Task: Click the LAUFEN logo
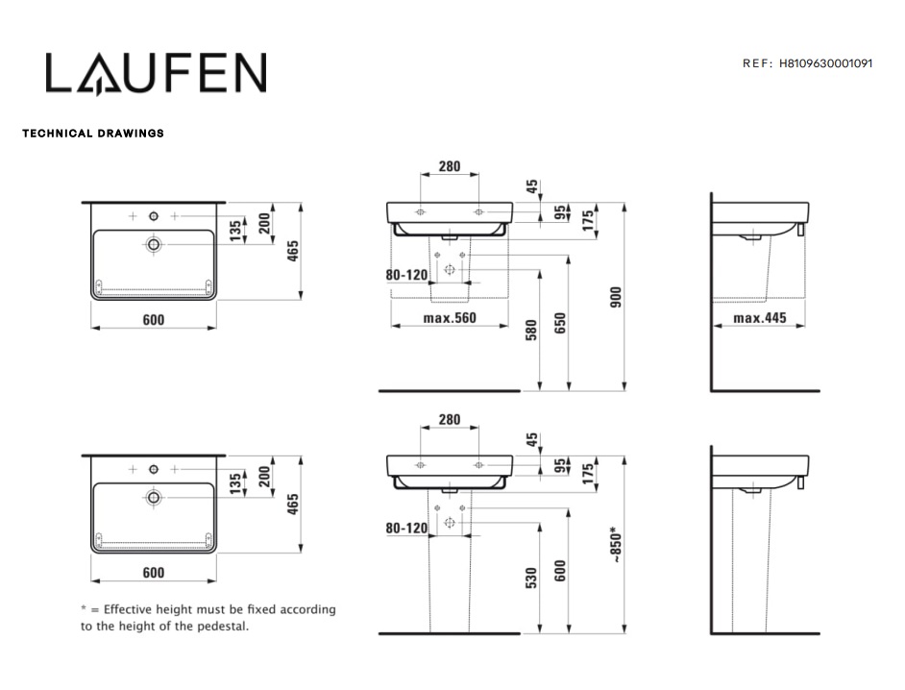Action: [x=156, y=73]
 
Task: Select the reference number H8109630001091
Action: [x=825, y=63]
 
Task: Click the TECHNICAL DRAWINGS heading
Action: [x=93, y=134]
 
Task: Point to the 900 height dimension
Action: [x=616, y=297]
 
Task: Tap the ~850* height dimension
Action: [x=616, y=545]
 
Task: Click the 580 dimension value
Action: [x=531, y=330]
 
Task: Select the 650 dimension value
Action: [x=560, y=323]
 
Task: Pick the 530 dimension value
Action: [x=531, y=578]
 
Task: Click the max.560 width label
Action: [x=450, y=318]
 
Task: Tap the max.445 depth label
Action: [x=760, y=318]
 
